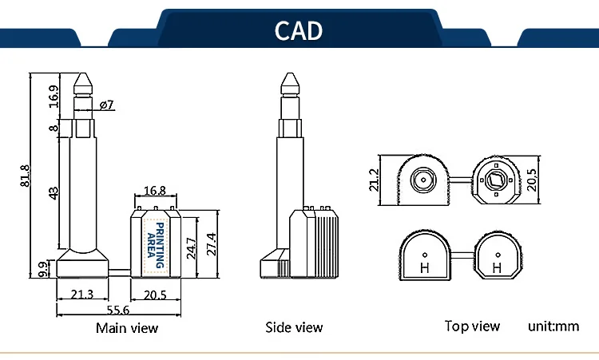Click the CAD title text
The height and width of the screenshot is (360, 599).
click(x=299, y=30)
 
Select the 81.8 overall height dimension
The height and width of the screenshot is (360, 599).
click(x=25, y=176)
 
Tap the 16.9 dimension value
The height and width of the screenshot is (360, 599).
click(x=54, y=97)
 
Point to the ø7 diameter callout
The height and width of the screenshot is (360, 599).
click(x=107, y=105)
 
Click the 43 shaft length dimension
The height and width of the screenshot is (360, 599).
click(x=54, y=193)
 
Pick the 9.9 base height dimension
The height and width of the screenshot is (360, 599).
click(x=44, y=269)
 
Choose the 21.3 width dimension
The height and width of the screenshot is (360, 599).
click(x=82, y=295)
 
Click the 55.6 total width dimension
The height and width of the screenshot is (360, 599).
click(x=117, y=310)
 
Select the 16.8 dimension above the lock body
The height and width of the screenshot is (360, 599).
click(x=155, y=190)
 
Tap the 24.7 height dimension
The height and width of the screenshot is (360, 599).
click(x=191, y=248)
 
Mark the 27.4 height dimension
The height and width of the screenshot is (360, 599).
click(x=212, y=244)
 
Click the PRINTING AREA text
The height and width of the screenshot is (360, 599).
click(x=156, y=245)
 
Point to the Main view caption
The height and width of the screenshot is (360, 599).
click(x=127, y=328)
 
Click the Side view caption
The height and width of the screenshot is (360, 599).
click(x=294, y=327)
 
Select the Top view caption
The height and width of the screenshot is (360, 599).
click(x=472, y=326)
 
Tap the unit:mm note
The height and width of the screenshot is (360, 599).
click(x=553, y=326)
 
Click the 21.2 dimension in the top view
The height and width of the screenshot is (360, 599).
click(x=374, y=180)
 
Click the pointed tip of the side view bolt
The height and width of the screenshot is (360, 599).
click(x=290, y=73)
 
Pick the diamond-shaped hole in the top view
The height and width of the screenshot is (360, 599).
click(x=496, y=180)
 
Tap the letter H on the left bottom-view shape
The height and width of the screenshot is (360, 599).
click(x=424, y=268)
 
